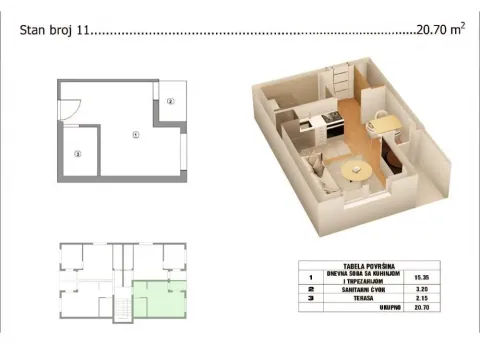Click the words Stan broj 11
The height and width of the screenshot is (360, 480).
[54, 31]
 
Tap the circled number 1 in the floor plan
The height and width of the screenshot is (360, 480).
[135, 134]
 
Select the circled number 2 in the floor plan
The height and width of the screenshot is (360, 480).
[170, 101]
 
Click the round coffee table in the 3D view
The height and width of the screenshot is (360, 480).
[354, 172]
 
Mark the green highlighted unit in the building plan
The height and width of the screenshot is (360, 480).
[157, 298]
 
